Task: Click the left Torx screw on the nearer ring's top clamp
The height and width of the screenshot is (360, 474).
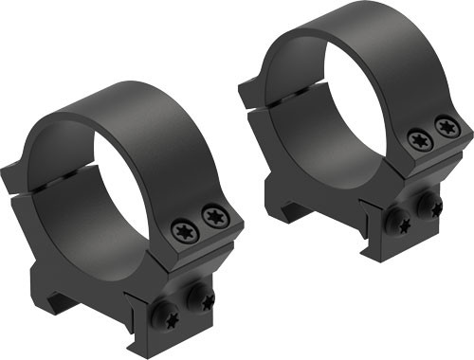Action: coord(183,227)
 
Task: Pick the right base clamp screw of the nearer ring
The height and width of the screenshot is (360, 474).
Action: coord(201,299)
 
